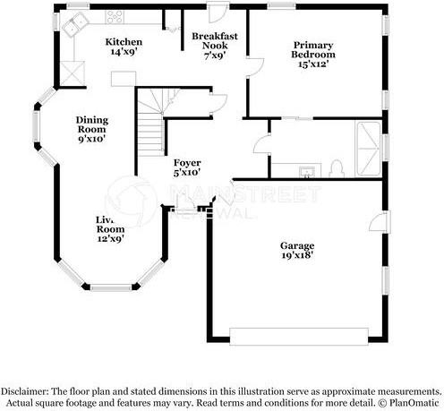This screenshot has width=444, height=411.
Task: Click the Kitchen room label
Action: click(123, 42)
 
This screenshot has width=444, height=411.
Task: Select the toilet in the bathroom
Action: click(337, 167)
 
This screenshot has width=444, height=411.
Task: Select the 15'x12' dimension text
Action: click(314, 64)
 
